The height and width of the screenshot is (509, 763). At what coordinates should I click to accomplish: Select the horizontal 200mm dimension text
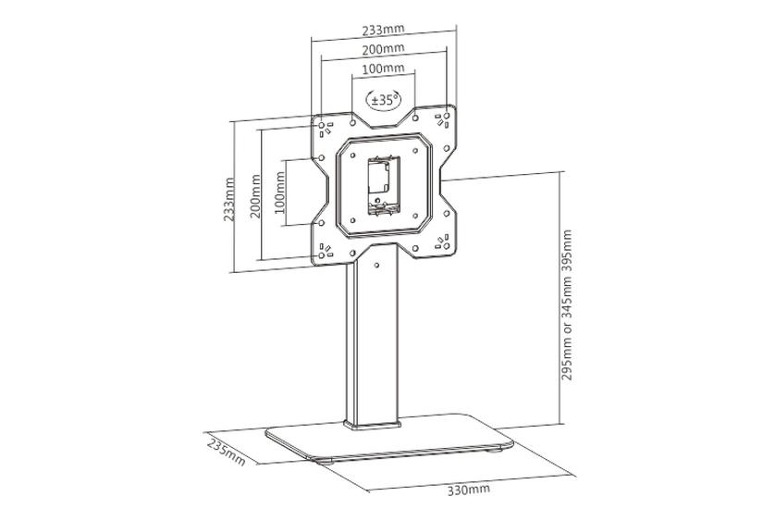pyautogui.click(x=382, y=49)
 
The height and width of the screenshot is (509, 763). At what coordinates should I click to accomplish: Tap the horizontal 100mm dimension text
pyautogui.click(x=382, y=69)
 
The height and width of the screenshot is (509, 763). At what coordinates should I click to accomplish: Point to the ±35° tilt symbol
pyautogui.click(x=382, y=98)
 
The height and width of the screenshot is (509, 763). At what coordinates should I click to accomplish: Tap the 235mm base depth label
pyautogui.click(x=225, y=450)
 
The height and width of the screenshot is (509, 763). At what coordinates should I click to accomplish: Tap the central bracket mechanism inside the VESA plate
pyautogui.click(x=379, y=185)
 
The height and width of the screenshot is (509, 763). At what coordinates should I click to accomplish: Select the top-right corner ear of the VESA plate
pyautogui.click(x=441, y=121)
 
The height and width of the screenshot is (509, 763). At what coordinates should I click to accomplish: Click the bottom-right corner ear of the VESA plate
pyautogui.click(x=441, y=243)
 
